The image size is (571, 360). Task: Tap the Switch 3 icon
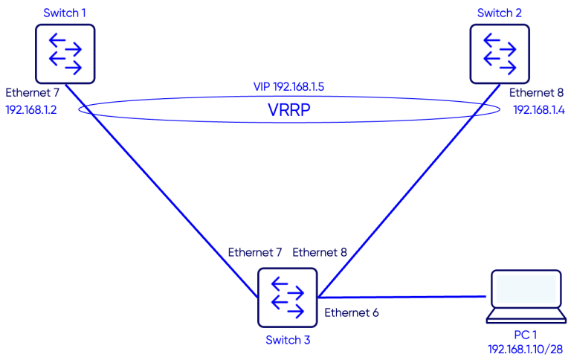coord(286,298)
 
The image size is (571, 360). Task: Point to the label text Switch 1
coord(65,13)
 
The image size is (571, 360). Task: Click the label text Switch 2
coord(500,13)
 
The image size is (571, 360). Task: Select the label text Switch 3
coord(287,340)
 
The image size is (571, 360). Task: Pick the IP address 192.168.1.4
coord(538,110)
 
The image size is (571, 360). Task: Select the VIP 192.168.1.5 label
coord(288,87)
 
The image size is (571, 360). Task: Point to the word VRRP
coord(289,110)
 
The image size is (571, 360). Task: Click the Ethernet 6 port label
coord(352,313)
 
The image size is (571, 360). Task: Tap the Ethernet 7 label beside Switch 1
coord(33,93)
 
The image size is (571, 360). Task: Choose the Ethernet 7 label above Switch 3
coord(255,252)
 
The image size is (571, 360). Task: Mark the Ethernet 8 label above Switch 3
coord(320,252)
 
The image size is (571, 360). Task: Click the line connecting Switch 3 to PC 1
coord(401,296)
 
